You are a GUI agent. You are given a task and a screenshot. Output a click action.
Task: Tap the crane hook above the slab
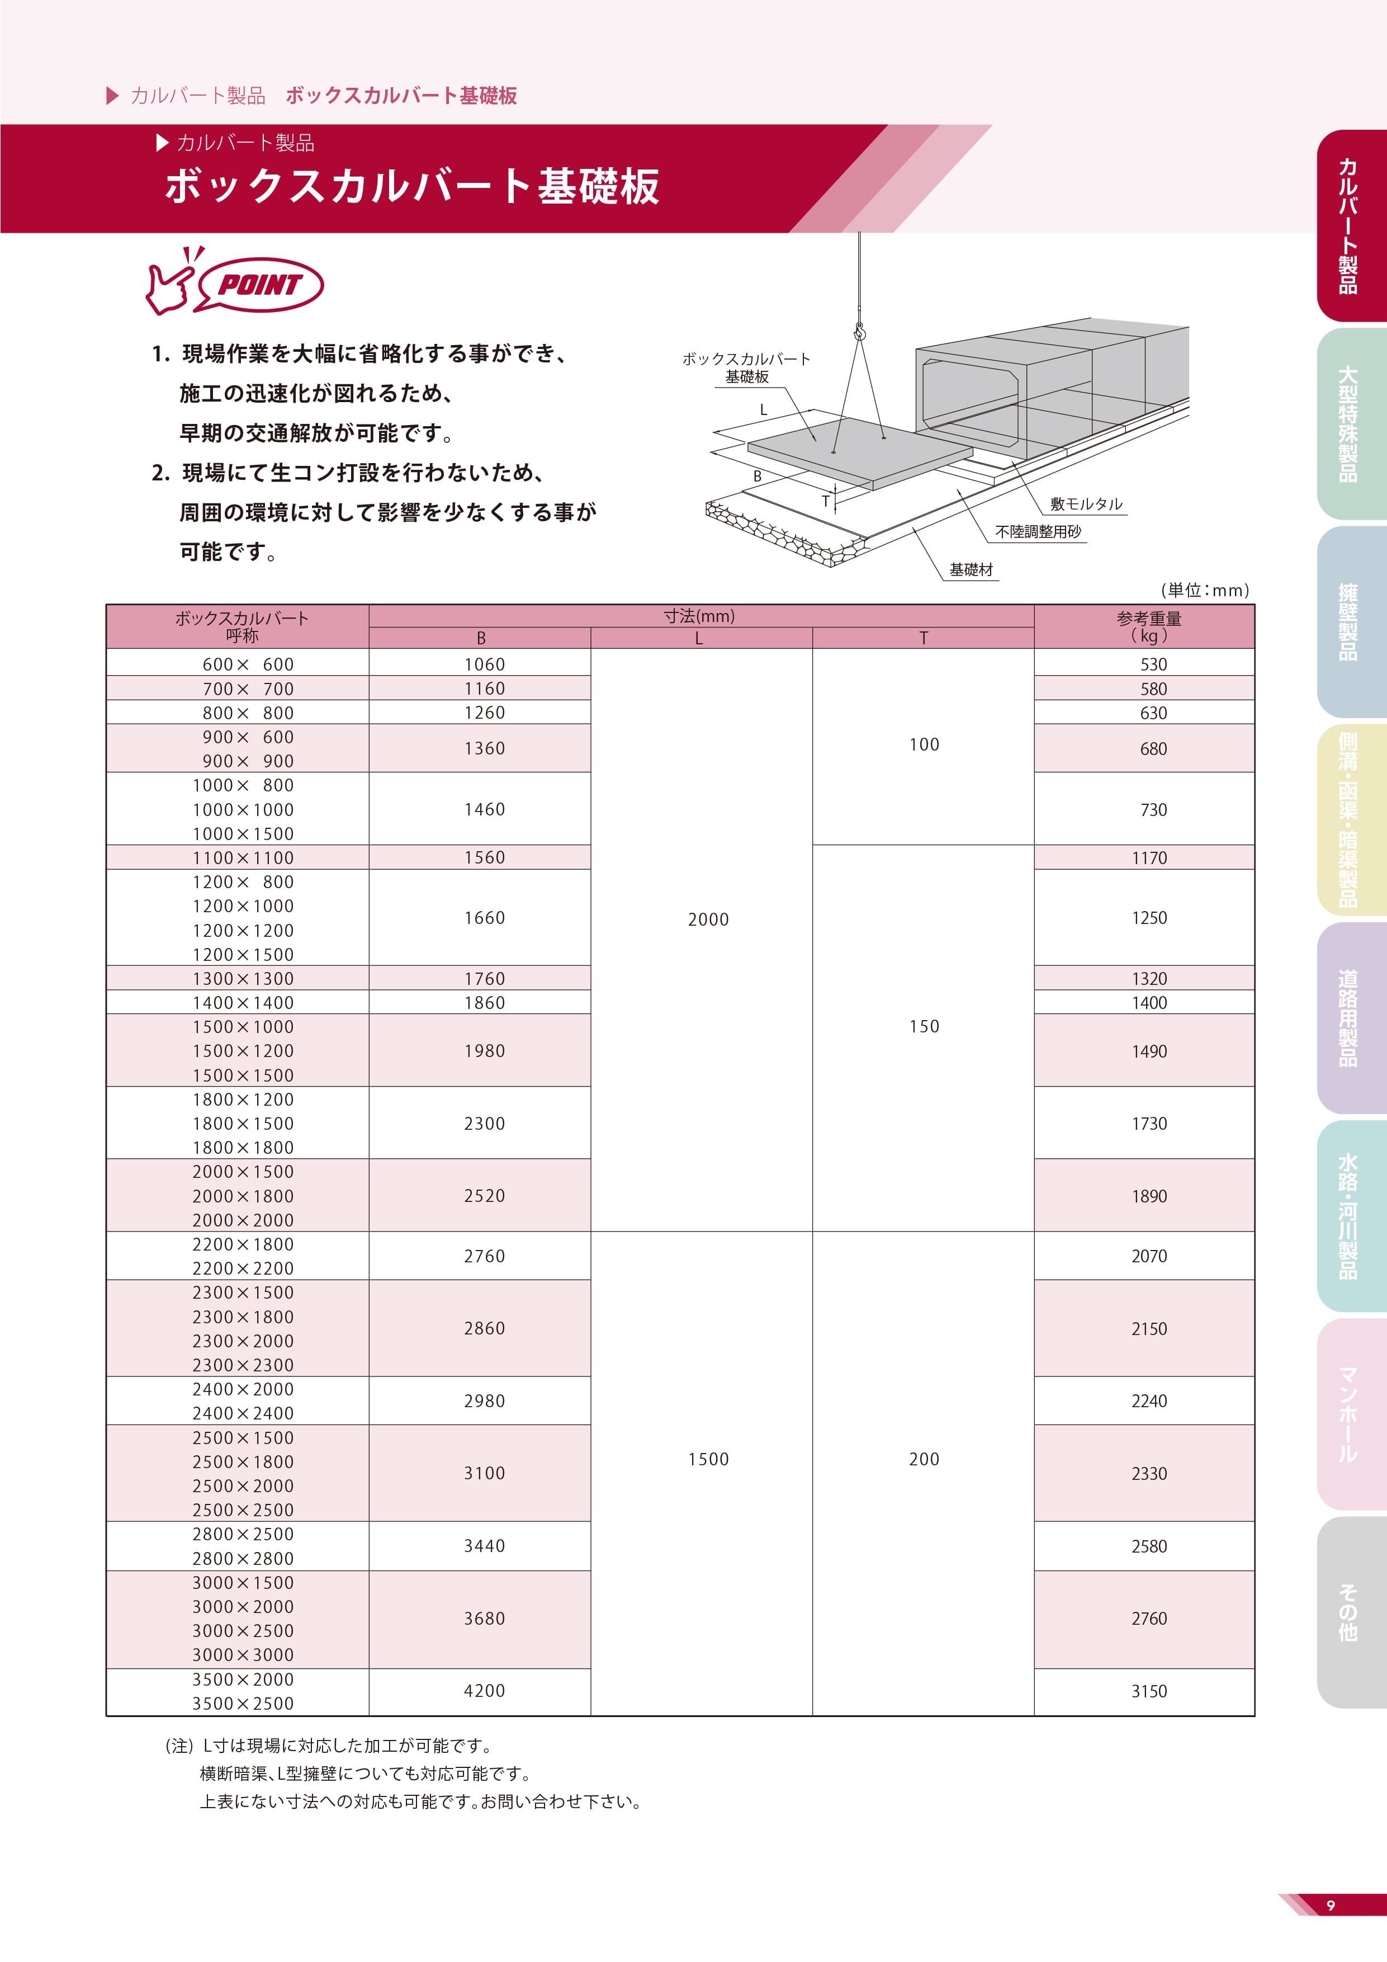point(859,332)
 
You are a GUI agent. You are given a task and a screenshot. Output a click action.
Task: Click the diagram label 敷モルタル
point(1086,504)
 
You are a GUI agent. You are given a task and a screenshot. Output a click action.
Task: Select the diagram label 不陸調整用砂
point(1038,531)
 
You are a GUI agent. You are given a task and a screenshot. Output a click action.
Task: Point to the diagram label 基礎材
point(971,570)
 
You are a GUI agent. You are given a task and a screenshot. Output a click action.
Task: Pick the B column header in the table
point(481,638)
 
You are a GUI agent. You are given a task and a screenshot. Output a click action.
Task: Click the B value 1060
point(484,664)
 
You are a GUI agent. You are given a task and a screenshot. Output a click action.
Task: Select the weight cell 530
point(1153,664)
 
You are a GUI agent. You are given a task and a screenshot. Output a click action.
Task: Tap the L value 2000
point(708,919)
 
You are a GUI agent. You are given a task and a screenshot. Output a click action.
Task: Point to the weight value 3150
point(1149,1691)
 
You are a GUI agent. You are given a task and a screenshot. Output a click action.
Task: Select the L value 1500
point(708,1459)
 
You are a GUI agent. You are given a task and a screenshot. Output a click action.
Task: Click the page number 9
point(1330,1905)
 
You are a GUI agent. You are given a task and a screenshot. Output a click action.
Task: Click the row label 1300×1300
point(243,978)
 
